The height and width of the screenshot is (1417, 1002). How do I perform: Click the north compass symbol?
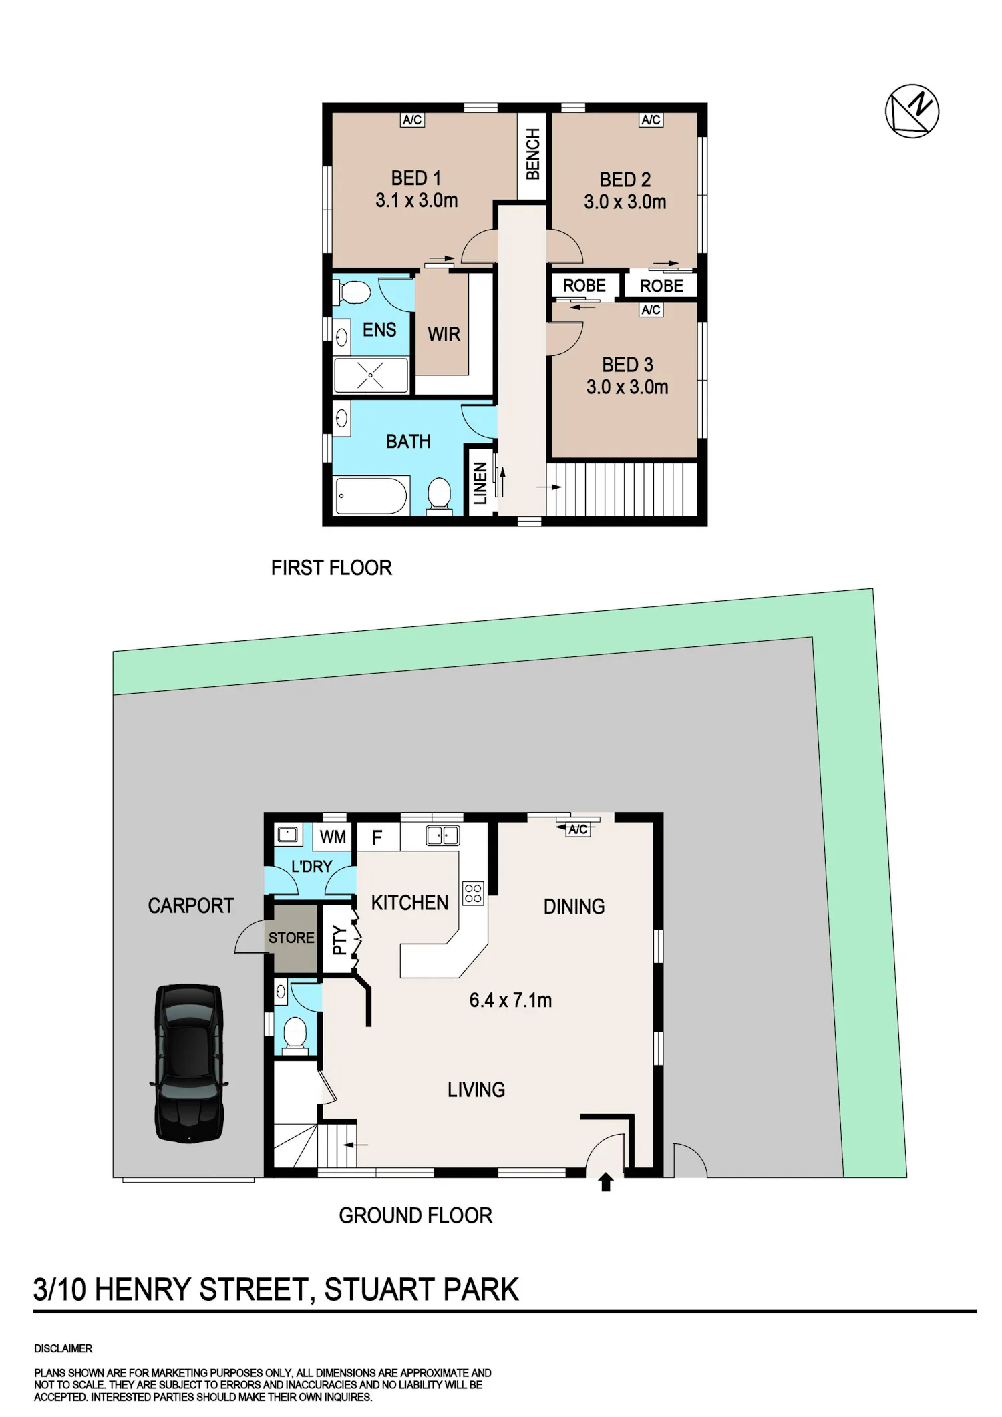[x=912, y=111]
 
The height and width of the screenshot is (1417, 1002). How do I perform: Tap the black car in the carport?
[x=189, y=1063]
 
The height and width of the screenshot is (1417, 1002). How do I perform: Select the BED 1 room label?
[x=416, y=178]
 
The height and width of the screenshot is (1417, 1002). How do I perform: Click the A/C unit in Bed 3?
[x=651, y=310]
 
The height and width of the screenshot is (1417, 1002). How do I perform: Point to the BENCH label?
[x=532, y=155]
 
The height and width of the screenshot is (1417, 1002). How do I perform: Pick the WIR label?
[x=444, y=334]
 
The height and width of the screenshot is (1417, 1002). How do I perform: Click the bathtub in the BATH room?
[x=371, y=495]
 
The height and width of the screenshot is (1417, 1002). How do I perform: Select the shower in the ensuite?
[x=371, y=375]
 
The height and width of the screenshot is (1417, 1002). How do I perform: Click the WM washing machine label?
[x=333, y=837]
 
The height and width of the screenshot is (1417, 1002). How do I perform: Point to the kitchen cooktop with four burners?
[x=473, y=893]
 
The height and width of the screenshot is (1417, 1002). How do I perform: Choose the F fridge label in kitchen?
[x=377, y=837]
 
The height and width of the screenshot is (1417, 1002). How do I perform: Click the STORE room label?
[x=291, y=938]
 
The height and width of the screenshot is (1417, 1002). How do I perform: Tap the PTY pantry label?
[x=339, y=940]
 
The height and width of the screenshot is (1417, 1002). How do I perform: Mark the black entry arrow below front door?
[x=606, y=1182]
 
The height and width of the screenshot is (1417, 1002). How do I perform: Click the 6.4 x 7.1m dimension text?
[x=510, y=1000]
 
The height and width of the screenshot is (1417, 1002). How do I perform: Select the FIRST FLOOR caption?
[x=331, y=568]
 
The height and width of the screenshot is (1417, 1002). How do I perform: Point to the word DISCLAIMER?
[x=63, y=1348]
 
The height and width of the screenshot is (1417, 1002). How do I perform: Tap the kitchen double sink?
[x=442, y=835]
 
